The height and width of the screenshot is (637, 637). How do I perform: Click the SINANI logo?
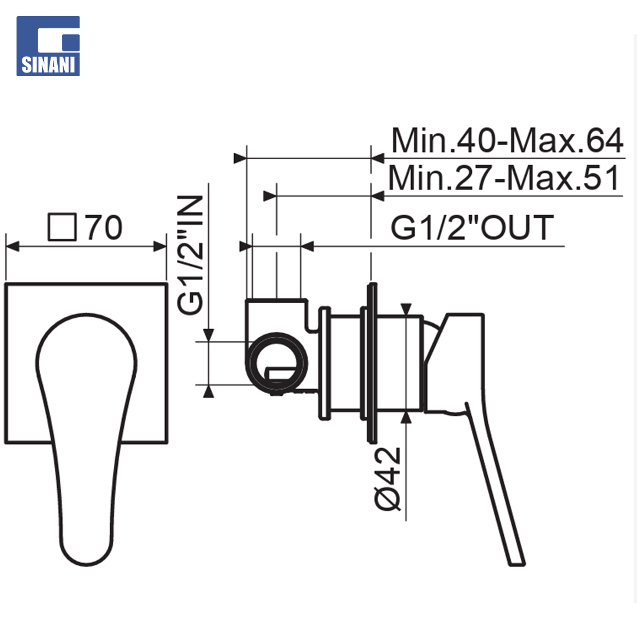(x=48, y=46)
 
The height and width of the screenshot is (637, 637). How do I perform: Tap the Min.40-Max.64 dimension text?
(x=507, y=140)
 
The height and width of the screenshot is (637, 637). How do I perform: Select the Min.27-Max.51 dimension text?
(x=504, y=178)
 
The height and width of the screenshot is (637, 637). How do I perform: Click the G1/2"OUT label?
(x=472, y=227)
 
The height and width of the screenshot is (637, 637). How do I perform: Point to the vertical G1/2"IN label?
(x=190, y=255)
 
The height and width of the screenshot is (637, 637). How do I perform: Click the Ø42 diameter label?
(x=387, y=479)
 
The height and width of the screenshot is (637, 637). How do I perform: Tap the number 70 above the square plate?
(x=104, y=228)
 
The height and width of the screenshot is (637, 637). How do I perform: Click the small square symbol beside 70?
(x=62, y=227)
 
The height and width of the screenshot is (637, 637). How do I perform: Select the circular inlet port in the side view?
(x=277, y=362)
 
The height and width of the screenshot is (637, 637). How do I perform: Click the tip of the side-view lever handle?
(x=517, y=563)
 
